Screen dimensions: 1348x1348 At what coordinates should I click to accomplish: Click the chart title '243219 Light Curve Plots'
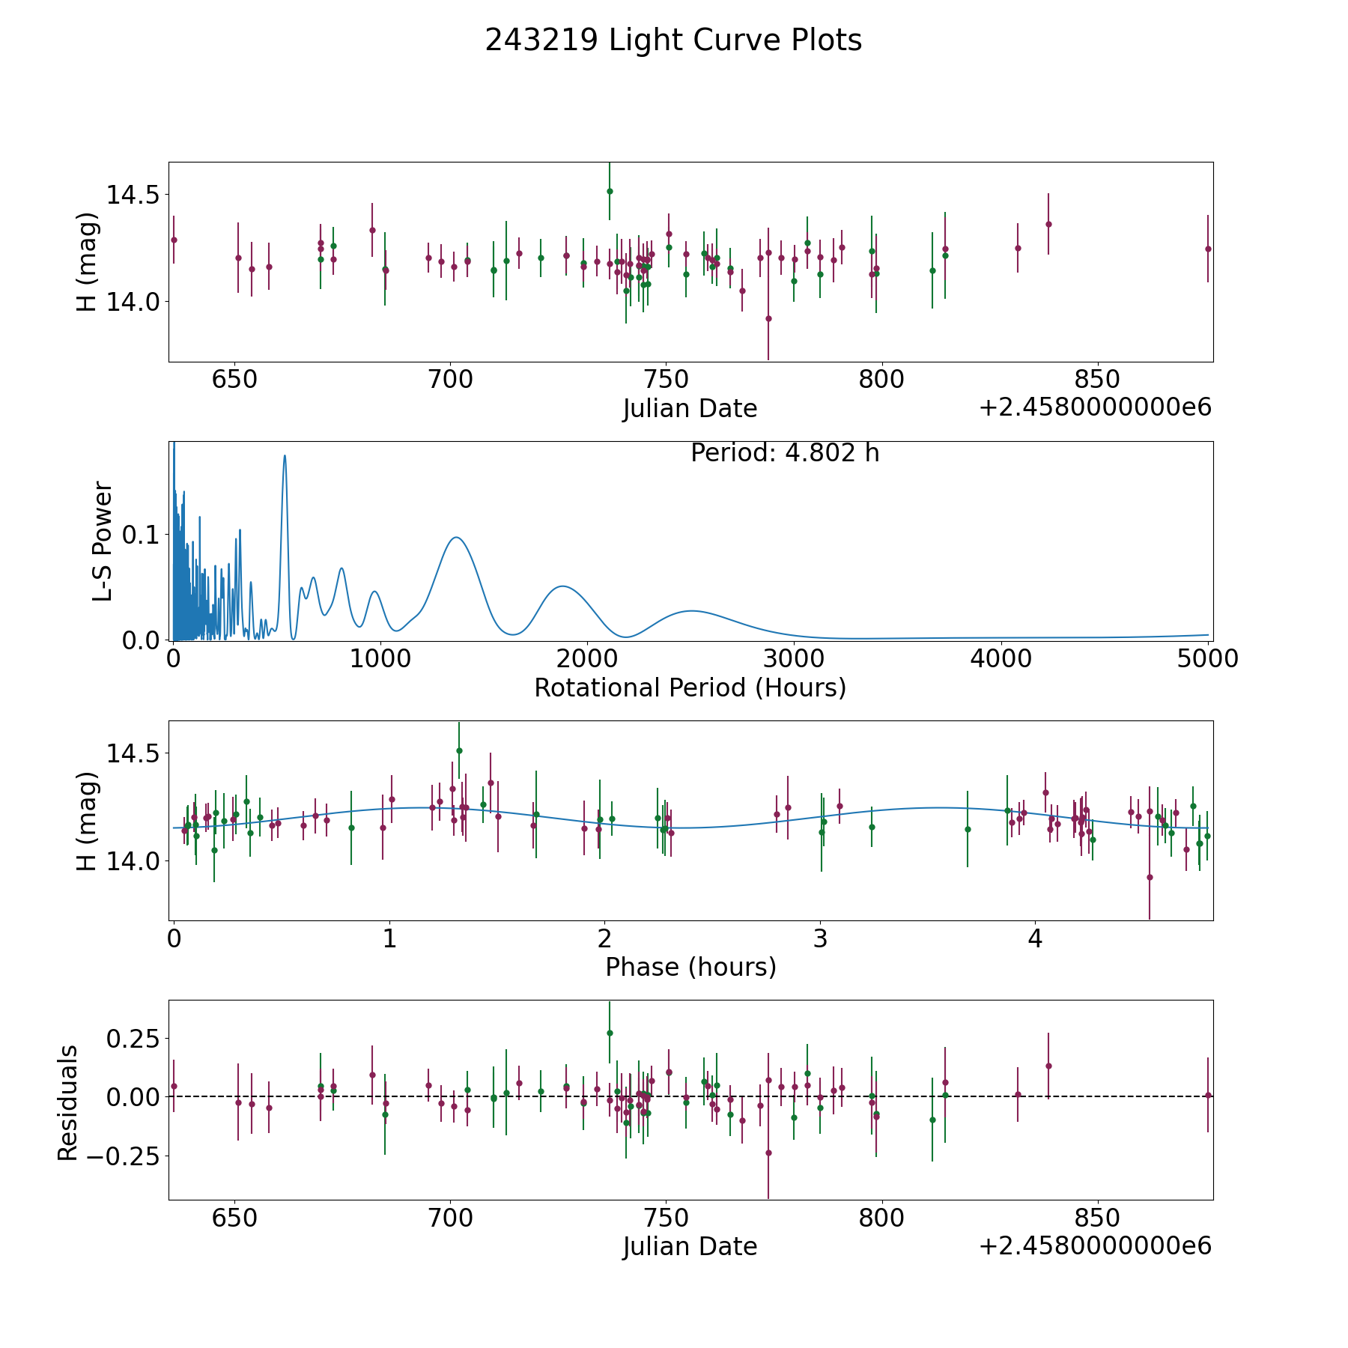pyautogui.click(x=673, y=40)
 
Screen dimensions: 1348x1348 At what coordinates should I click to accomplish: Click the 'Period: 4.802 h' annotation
pyautogui.click(x=785, y=453)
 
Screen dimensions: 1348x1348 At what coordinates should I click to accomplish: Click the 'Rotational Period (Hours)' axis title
pyautogui.click(x=690, y=687)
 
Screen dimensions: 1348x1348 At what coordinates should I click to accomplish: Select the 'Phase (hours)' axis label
pyautogui.click(x=690, y=967)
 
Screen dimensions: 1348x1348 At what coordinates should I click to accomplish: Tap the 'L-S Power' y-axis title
pyautogui.click(x=103, y=541)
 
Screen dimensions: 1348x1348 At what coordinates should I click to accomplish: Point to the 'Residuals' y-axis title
pyautogui.click(x=68, y=1102)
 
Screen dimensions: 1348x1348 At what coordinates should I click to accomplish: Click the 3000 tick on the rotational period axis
pyautogui.click(x=794, y=659)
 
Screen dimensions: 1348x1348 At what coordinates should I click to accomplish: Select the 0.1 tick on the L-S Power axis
pyautogui.click(x=142, y=535)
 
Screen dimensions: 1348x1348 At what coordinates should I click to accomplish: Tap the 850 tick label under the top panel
pyautogui.click(x=1097, y=380)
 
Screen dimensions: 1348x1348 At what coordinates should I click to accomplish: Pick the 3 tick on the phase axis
pyautogui.click(x=820, y=939)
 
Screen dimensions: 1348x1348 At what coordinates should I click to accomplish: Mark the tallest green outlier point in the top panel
pyautogui.click(x=610, y=191)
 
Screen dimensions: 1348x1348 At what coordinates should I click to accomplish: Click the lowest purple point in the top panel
pyautogui.click(x=768, y=318)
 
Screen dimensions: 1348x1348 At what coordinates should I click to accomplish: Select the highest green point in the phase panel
pyautogui.click(x=459, y=750)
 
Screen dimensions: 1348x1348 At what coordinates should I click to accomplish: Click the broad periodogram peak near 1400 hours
pyautogui.click(x=455, y=538)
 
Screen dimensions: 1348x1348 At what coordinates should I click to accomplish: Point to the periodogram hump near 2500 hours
pyautogui.click(x=692, y=611)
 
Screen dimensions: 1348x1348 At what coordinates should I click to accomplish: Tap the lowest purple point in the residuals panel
pyautogui.click(x=768, y=1153)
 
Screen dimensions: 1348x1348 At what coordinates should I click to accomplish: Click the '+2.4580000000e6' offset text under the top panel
pyautogui.click(x=1095, y=407)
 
